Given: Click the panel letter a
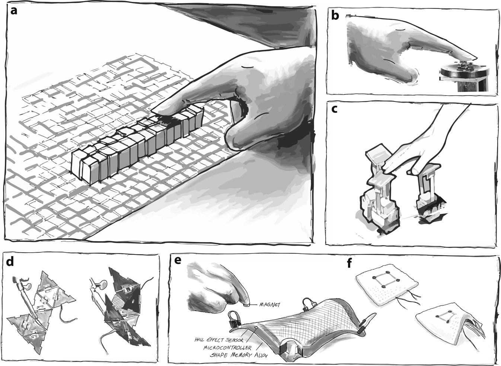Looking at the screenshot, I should click(x=14, y=11).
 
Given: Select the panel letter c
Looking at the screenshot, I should click(x=335, y=110).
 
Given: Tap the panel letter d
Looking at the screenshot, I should click(x=11, y=262).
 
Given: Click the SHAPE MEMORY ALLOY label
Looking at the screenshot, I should click(x=238, y=355).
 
